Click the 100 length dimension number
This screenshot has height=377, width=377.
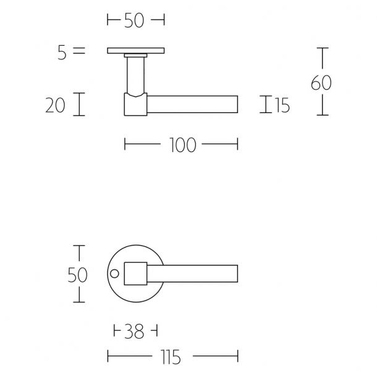pyautogui.click(x=182, y=145)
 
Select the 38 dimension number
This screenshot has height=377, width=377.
pyautogui.click(x=135, y=331)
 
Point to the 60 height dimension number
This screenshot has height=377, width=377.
pyautogui.click(x=321, y=83)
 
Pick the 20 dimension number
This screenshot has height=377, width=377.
pyautogui.click(x=56, y=106)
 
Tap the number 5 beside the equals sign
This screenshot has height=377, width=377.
pyautogui.click(x=62, y=53)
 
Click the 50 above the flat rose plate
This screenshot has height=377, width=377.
pyautogui.click(x=133, y=20)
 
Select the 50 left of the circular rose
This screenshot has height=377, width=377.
pyautogui.click(x=78, y=274)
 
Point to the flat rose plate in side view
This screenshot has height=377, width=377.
pyautogui.click(x=135, y=51)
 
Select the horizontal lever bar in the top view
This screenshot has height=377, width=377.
pyautogui.click(x=193, y=104)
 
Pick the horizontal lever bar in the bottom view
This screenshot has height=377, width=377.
pyautogui.click(x=193, y=273)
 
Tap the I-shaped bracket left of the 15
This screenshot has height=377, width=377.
pyautogui.click(x=266, y=104)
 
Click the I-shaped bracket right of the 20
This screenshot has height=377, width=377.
pyautogui.click(x=78, y=104)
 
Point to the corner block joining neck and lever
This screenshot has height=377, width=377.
pyautogui.click(x=136, y=104)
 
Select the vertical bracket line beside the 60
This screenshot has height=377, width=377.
pyautogui.click(x=322, y=81)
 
